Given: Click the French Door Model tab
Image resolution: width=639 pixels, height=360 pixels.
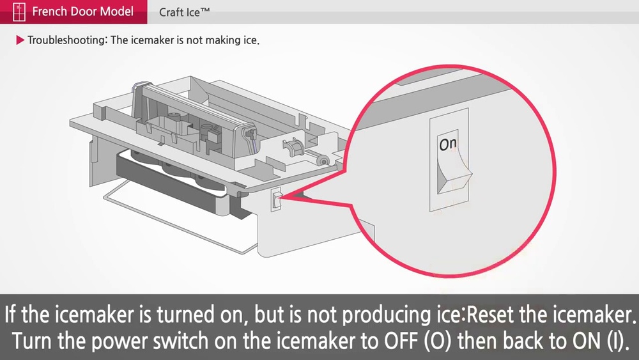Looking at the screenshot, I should tap(82, 12).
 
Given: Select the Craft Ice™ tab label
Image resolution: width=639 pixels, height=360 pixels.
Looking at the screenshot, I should tap(185, 12).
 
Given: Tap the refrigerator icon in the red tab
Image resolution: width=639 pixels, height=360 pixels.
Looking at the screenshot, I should tap(19, 12).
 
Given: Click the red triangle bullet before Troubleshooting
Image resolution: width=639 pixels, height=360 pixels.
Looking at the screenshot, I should tap(20, 40).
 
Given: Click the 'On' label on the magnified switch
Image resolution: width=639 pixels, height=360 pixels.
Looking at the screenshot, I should tap(448, 145).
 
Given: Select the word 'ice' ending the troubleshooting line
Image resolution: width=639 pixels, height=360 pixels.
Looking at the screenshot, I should tap(250, 40).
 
